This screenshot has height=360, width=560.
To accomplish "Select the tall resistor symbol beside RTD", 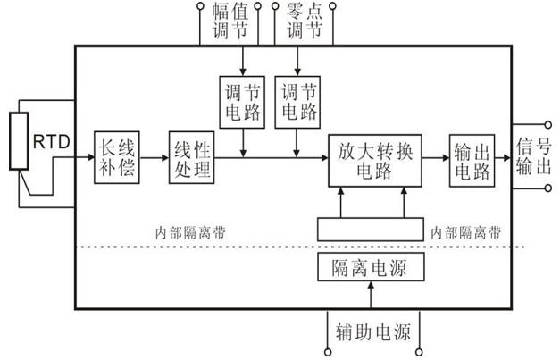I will pyautogui.click(x=15, y=140).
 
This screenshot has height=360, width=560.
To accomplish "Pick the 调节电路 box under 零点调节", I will pyautogui.click(x=298, y=101).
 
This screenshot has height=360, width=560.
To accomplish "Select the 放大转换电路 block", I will pyautogui.click(x=374, y=160).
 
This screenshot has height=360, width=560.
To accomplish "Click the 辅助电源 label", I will pyautogui.click(x=372, y=333).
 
